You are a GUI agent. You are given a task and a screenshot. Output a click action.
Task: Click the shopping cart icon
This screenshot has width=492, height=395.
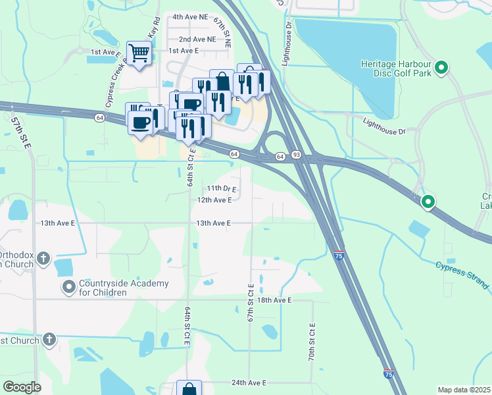click(x=139, y=52)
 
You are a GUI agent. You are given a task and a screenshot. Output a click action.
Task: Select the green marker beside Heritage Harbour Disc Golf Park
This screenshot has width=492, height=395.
click(x=442, y=67)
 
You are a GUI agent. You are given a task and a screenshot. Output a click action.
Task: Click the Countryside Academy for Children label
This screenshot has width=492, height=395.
click(x=124, y=288)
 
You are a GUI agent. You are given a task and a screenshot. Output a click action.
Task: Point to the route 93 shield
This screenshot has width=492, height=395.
click(x=297, y=155)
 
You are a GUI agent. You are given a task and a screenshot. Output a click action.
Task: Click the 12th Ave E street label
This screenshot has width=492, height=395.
click(x=214, y=199)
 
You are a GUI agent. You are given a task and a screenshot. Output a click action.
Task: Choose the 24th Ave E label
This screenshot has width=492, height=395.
click(x=249, y=382)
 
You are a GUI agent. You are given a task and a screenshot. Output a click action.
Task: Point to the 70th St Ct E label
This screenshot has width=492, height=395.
click(x=311, y=340)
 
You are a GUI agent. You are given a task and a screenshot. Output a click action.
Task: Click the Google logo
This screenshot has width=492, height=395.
click(x=22, y=387)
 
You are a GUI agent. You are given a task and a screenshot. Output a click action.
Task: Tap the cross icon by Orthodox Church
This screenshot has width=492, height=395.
click(x=43, y=258)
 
